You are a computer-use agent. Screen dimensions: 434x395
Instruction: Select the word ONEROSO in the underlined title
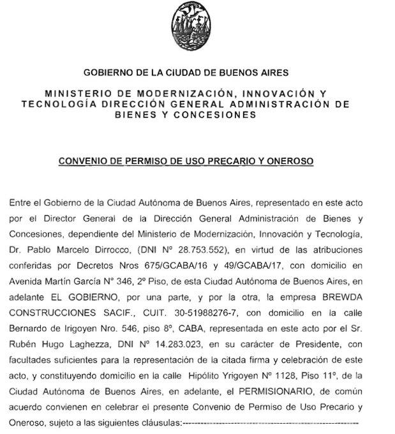pos(288,161)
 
